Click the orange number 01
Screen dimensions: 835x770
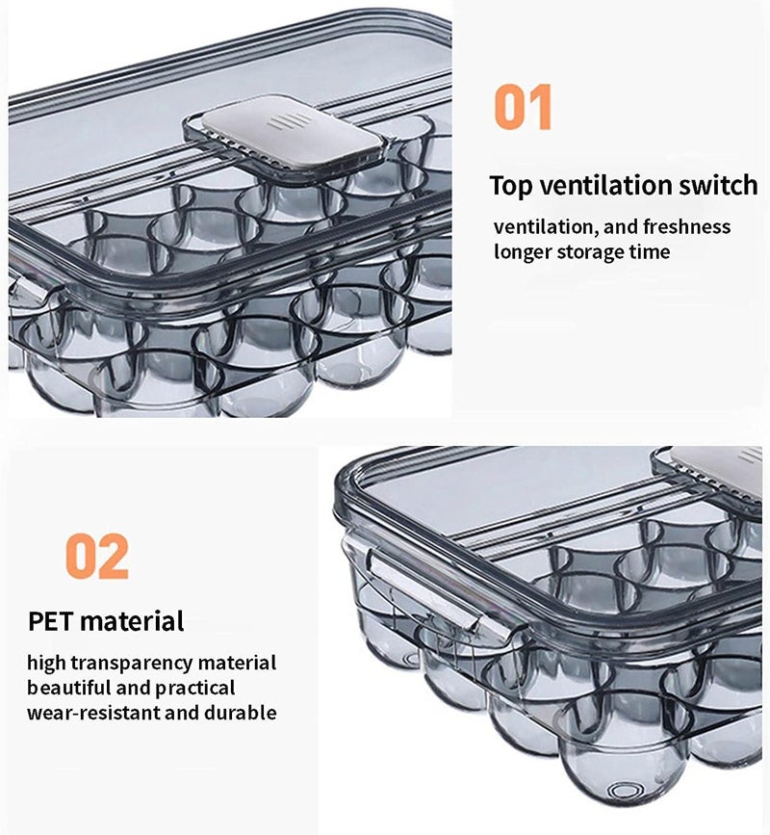[524, 107]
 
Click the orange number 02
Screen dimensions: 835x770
[96, 556]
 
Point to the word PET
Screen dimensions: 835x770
[50, 620]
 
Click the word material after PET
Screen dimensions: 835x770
[132, 620]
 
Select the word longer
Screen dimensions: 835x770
[525, 252]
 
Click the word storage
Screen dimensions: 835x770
[593, 252]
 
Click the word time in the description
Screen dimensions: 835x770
[649, 252]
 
